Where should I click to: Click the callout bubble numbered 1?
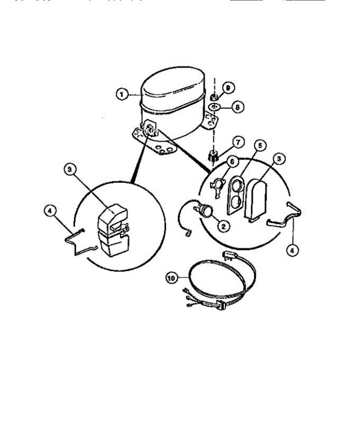pos(122,94)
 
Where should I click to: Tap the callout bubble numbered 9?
pos(228,88)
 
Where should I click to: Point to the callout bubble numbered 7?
pos(238,142)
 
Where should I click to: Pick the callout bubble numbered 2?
pos(222,226)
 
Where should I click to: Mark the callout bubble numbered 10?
pos(172,278)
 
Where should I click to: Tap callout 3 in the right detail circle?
pos(279,159)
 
